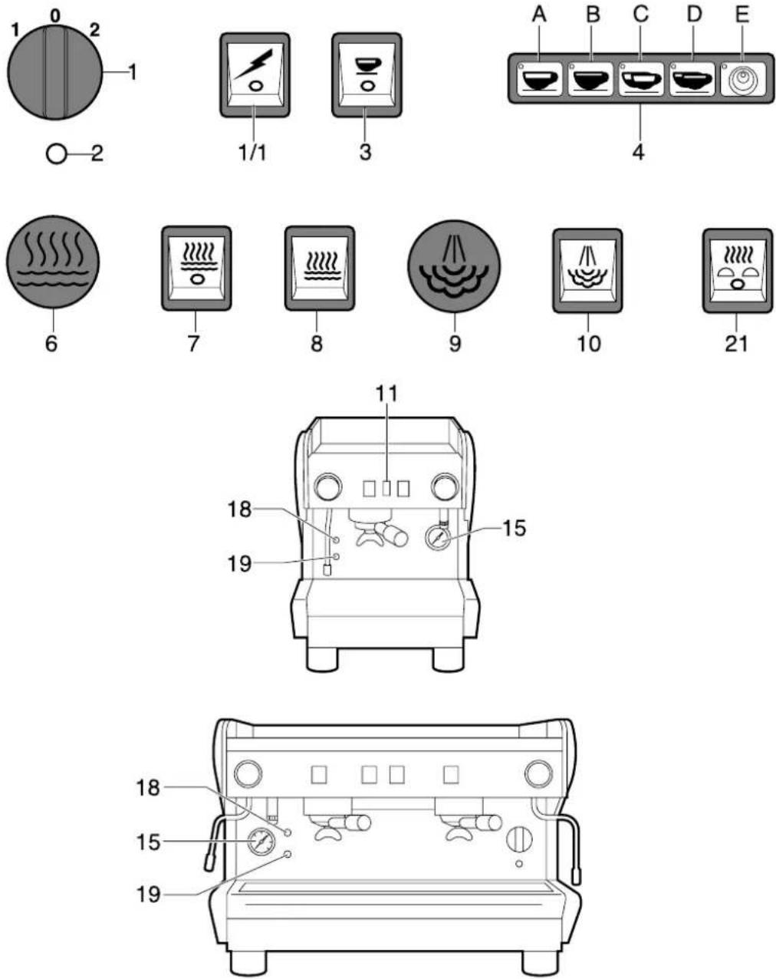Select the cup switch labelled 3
click(367, 74)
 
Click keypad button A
click(541, 79)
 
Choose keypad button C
click(642, 79)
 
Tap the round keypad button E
click(741, 79)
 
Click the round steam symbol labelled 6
click(52, 262)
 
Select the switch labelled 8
click(319, 269)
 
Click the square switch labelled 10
click(587, 270)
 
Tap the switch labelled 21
click(737, 270)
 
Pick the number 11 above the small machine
click(387, 394)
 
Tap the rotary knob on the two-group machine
click(519, 839)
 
